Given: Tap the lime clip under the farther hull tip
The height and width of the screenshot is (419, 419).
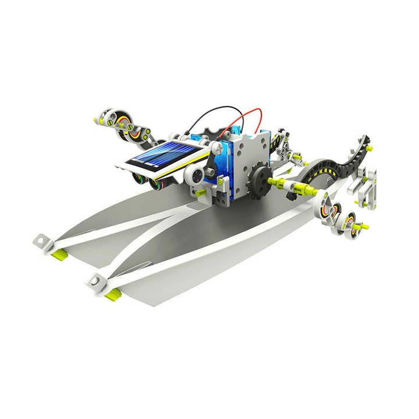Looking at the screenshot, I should (59, 254).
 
